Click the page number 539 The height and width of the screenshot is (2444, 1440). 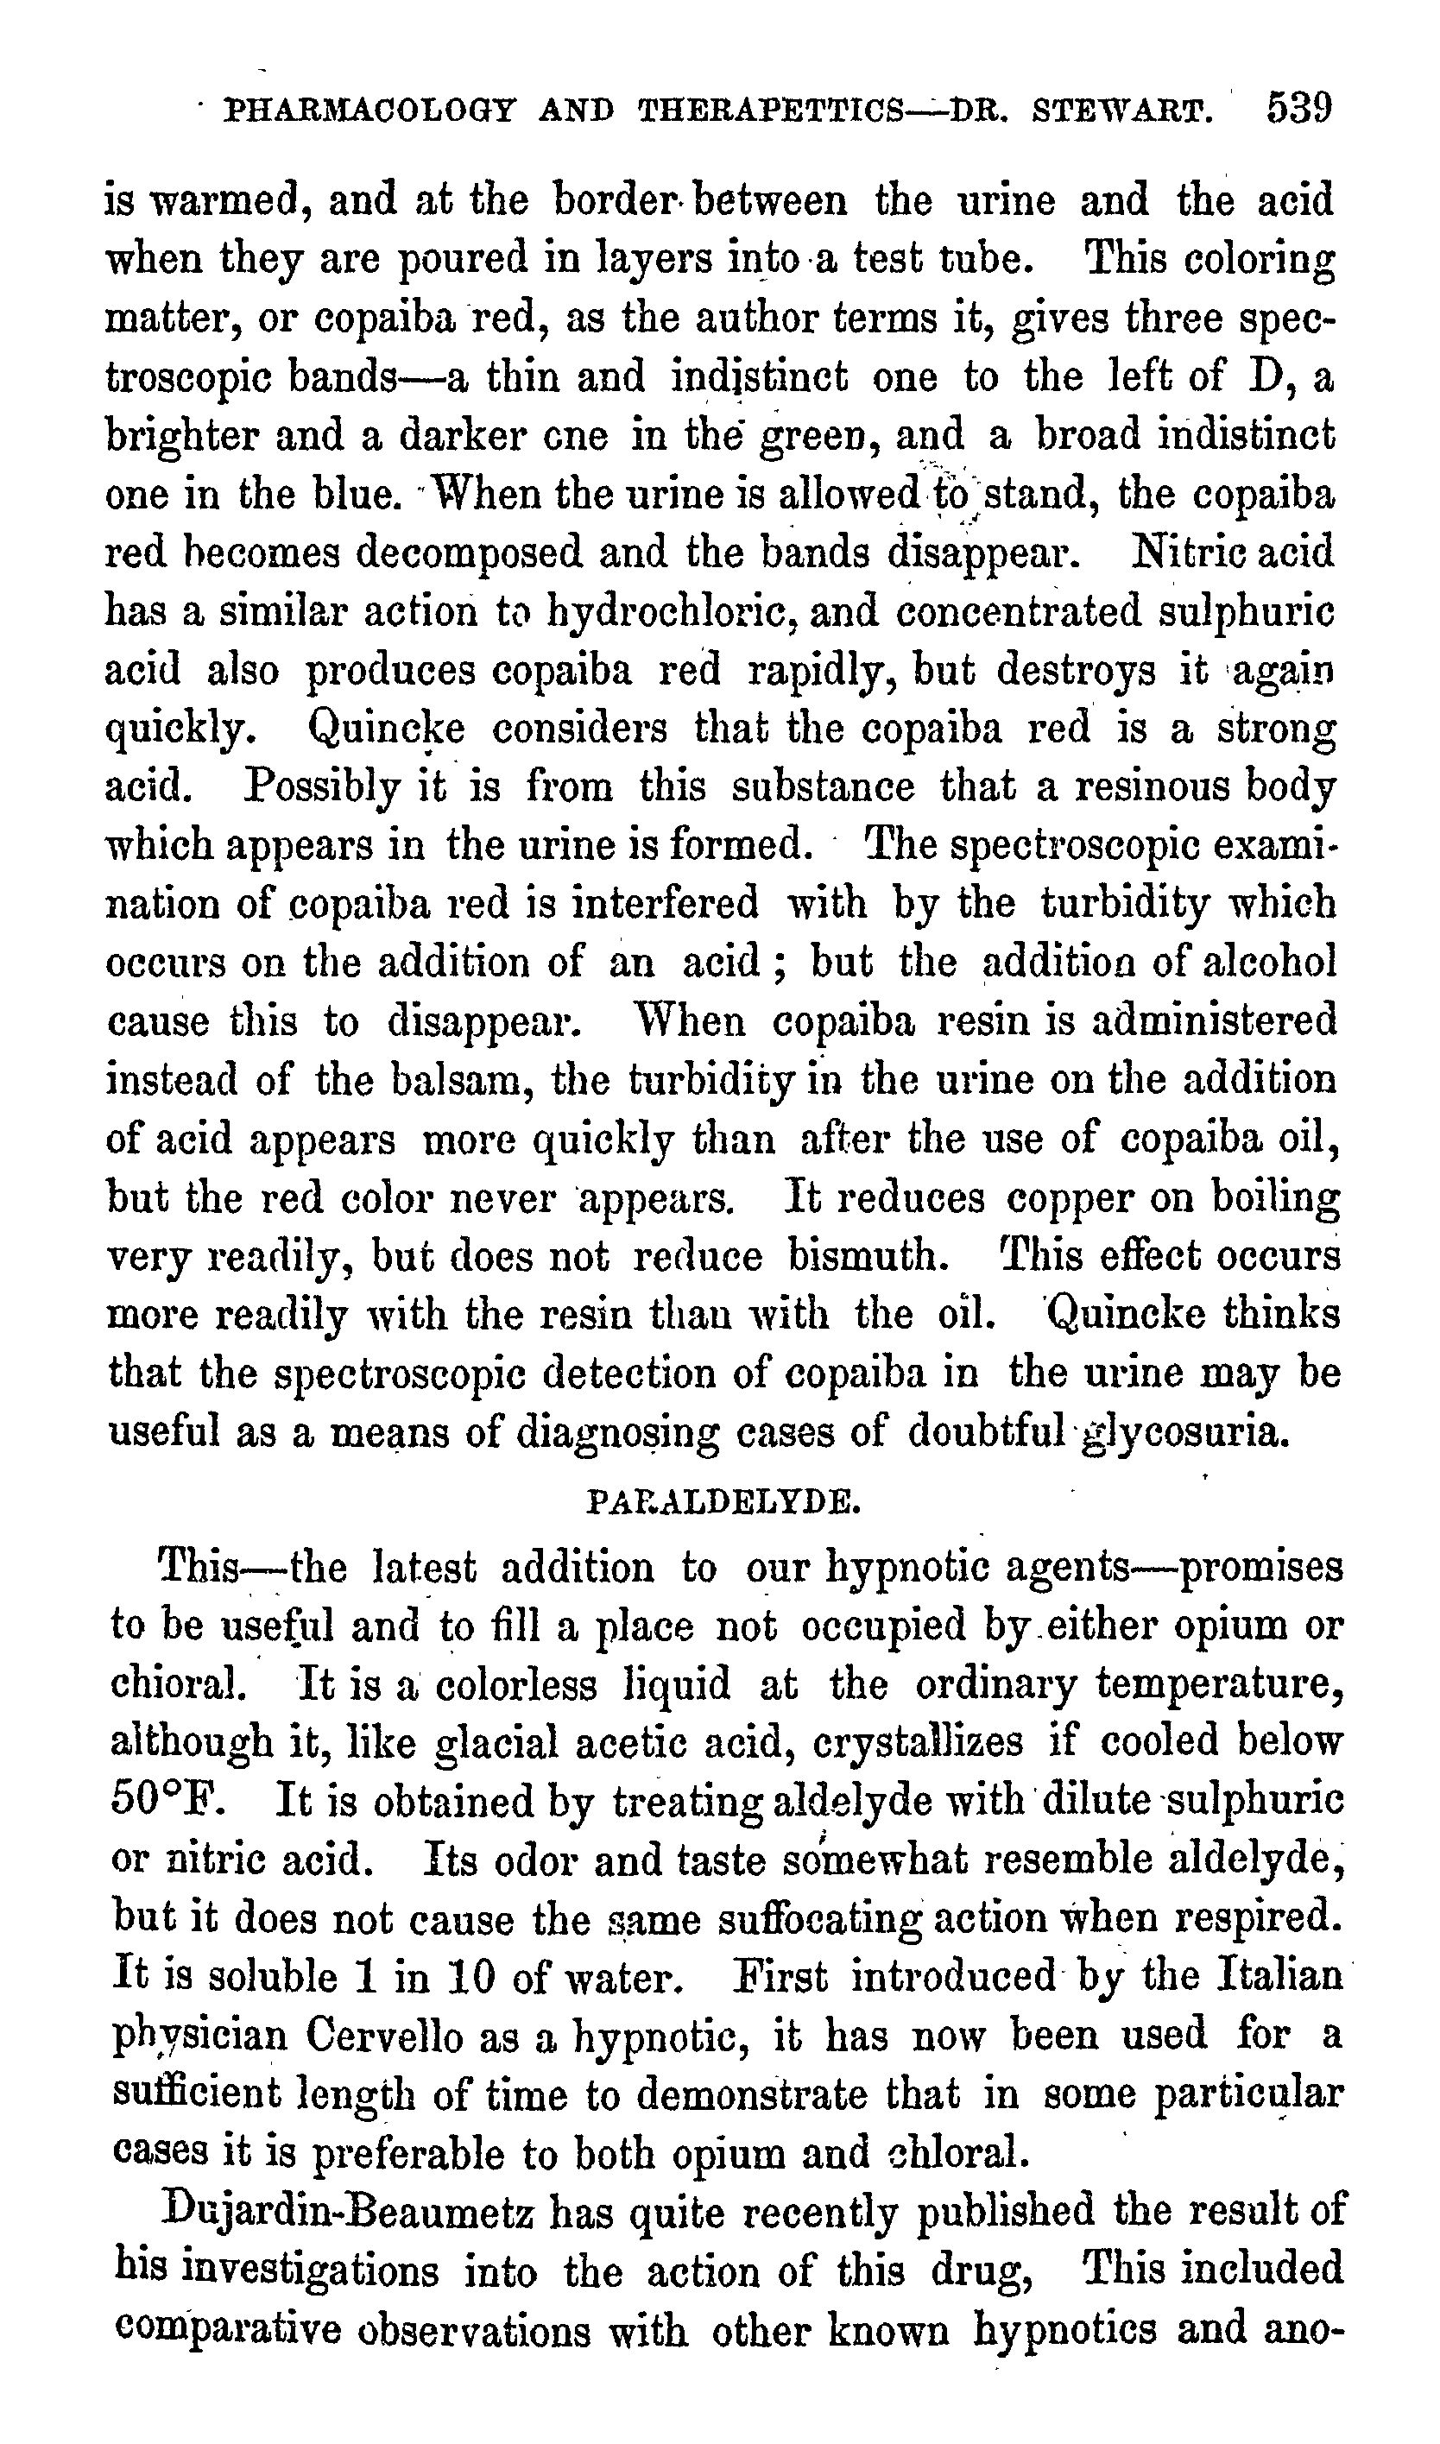[1299, 108]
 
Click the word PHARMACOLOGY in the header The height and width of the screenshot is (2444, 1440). [369, 111]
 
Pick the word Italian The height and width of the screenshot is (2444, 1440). [1279, 1975]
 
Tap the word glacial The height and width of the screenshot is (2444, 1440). [496, 1742]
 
